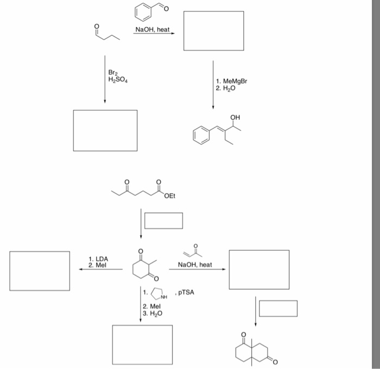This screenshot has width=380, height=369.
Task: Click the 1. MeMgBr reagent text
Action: [233, 81]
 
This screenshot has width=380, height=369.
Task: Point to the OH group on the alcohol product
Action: [235, 117]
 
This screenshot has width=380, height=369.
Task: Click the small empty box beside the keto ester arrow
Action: [163, 220]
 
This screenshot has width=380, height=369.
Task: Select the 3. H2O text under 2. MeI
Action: [153, 313]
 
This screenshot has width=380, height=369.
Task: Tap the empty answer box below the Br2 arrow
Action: [105, 130]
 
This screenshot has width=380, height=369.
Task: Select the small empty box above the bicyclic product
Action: [278, 308]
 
